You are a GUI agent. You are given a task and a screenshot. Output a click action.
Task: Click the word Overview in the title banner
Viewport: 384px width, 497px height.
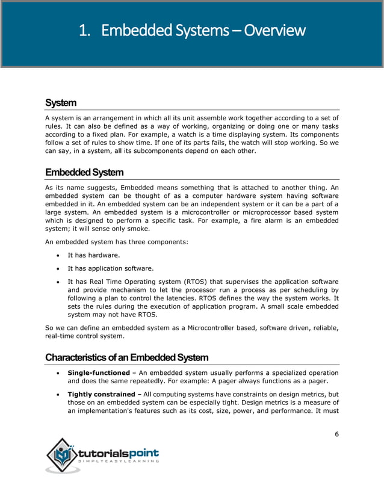(273, 30)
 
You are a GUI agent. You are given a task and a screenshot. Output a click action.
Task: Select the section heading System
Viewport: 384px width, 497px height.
(61, 103)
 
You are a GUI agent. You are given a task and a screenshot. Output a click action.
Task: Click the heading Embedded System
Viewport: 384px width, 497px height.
(84, 173)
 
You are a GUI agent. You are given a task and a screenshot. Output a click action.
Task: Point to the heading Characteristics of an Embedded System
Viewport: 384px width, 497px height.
(126, 357)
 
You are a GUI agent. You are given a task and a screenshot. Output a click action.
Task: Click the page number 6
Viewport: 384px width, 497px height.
(336, 434)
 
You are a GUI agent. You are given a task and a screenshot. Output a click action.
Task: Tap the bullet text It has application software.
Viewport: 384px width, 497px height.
(110, 268)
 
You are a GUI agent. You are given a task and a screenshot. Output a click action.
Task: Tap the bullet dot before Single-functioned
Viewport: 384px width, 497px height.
(57, 373)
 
